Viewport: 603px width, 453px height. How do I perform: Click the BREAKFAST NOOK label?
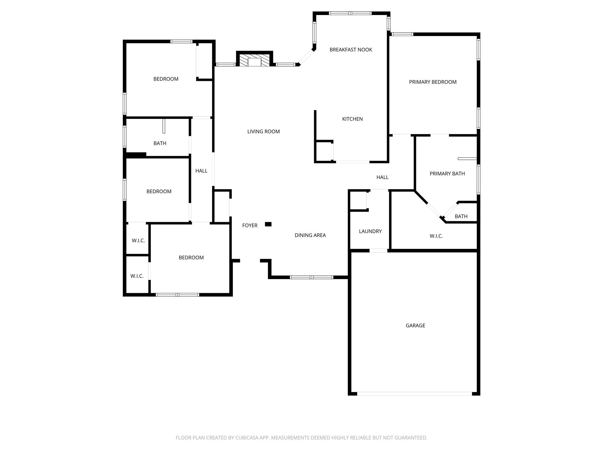[x=351, y=50]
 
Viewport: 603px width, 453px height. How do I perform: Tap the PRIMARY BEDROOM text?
[x=433, y=82]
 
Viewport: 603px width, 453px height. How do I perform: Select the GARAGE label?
[x=415, y=325]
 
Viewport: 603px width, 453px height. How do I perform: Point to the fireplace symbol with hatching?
[x=254, y=60]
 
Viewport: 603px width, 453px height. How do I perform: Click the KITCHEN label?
[x=352, y=119]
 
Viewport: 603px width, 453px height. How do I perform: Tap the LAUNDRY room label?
[x=370, y=231]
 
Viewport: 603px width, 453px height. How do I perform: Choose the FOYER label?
[x=250, y=225]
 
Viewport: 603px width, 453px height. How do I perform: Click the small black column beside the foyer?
[x=268, y=224]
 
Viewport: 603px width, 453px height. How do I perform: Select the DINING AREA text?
[x=310, y=235]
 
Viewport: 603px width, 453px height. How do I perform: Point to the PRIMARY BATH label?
[x=447, y=173]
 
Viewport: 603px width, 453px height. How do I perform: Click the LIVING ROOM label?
[x=263, y=132]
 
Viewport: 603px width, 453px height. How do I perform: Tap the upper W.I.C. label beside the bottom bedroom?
[x=138, y=240]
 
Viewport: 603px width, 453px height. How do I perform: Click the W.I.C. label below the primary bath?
[x=436, y=236]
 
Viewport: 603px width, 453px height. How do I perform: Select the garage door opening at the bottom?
[x=414, y=393]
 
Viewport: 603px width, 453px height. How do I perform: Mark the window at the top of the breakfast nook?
[x=350, y=13]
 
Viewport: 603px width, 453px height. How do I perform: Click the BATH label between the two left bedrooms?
[x=160, y=143]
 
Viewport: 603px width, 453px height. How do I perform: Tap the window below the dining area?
[x=312, y=277]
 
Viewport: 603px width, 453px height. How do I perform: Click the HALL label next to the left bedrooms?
[x=201, y=171]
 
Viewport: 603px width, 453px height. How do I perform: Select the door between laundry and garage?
[x=378, y=251]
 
